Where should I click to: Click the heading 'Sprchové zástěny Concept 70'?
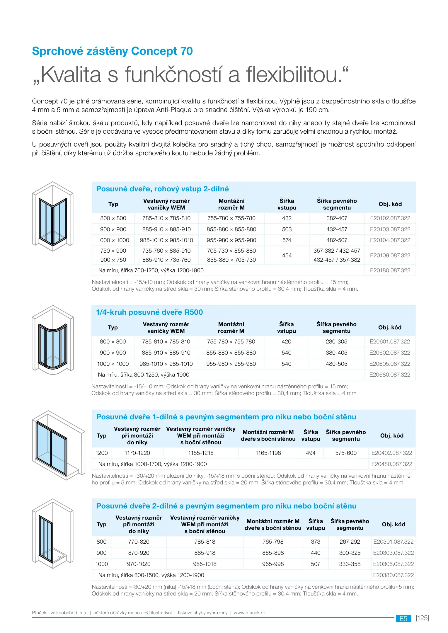pos(112,51)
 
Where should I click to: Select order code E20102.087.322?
pos(390,218)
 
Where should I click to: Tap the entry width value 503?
pos(287,229)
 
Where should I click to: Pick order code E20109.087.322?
pos(390,255)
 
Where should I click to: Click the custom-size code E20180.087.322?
pos(390,270)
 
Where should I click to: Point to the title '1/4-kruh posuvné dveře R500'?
pos(149,312)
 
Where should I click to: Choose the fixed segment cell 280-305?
pos(336,341)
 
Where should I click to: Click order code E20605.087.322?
pos(390,364)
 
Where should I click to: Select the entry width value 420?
pos(286,341)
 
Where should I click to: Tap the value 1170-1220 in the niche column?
pos(137,453)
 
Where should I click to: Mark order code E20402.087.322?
pos(392,453)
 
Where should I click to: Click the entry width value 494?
pos(311,453)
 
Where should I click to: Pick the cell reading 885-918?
pos(205,553)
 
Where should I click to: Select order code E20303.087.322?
pos(393,553)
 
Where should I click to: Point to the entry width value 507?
pos(316,564)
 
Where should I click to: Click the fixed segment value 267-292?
pos(350,542)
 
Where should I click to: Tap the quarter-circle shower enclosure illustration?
pos(53,340)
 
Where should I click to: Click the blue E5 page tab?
pos(403,618)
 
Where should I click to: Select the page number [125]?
pos(422,618)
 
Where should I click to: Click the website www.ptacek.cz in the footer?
pos(250,612)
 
